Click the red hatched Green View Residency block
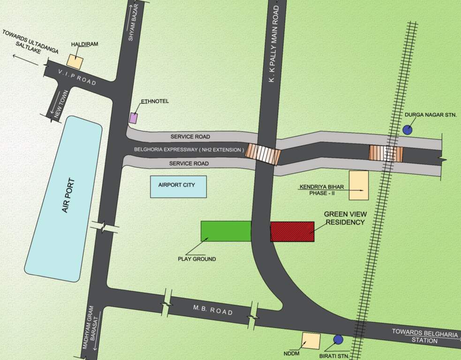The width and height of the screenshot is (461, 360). point(292,232)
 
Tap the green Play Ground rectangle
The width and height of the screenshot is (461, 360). point(226,231)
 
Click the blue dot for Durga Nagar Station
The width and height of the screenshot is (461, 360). point(408,130)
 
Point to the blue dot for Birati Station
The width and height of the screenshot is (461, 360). point(338,339)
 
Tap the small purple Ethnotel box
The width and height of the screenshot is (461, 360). point(134,118)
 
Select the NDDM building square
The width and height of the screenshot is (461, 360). point(310,341)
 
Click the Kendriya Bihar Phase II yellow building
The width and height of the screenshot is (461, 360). point(359,186)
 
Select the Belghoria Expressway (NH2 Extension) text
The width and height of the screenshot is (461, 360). point(188,150)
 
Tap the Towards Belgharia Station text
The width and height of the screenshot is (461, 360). point(424,336)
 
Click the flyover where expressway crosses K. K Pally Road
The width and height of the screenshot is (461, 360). point(264,154)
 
